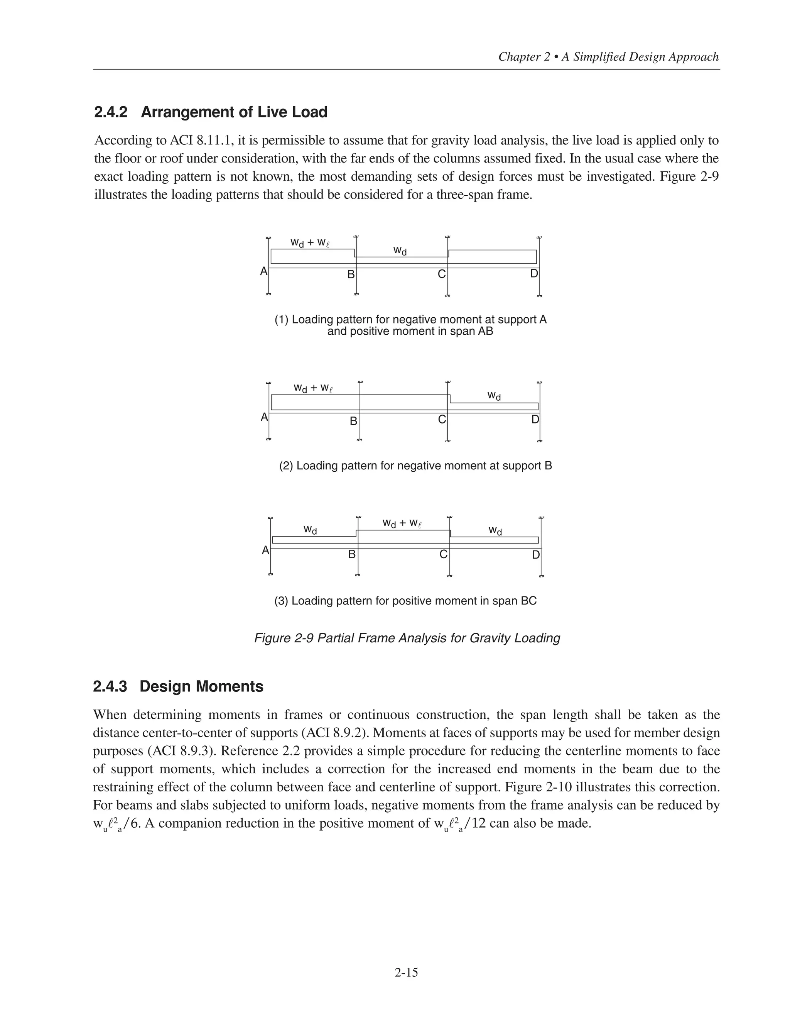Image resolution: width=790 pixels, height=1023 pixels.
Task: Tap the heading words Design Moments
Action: point(201,687)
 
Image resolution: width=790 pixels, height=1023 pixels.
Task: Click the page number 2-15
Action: point(406,972)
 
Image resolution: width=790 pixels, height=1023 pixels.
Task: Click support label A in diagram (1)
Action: point(263,271)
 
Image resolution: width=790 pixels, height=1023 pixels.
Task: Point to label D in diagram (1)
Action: point(534,274)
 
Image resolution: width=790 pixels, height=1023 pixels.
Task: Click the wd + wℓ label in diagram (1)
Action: point(310,243)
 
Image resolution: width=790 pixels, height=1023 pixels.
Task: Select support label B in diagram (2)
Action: point(353,421)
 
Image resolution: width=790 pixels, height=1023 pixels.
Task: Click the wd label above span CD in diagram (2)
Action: point(494,396)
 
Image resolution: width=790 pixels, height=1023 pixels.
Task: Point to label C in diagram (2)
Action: point(441,419)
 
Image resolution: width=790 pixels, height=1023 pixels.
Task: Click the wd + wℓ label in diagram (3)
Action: point(402,523)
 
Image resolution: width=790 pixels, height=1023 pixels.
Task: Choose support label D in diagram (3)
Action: point(535,555)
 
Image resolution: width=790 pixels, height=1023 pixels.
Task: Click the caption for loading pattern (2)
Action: point(415,466)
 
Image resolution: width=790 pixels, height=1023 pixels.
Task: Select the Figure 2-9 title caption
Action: point(407,638)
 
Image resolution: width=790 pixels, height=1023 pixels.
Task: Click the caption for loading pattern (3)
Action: point(405,601)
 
